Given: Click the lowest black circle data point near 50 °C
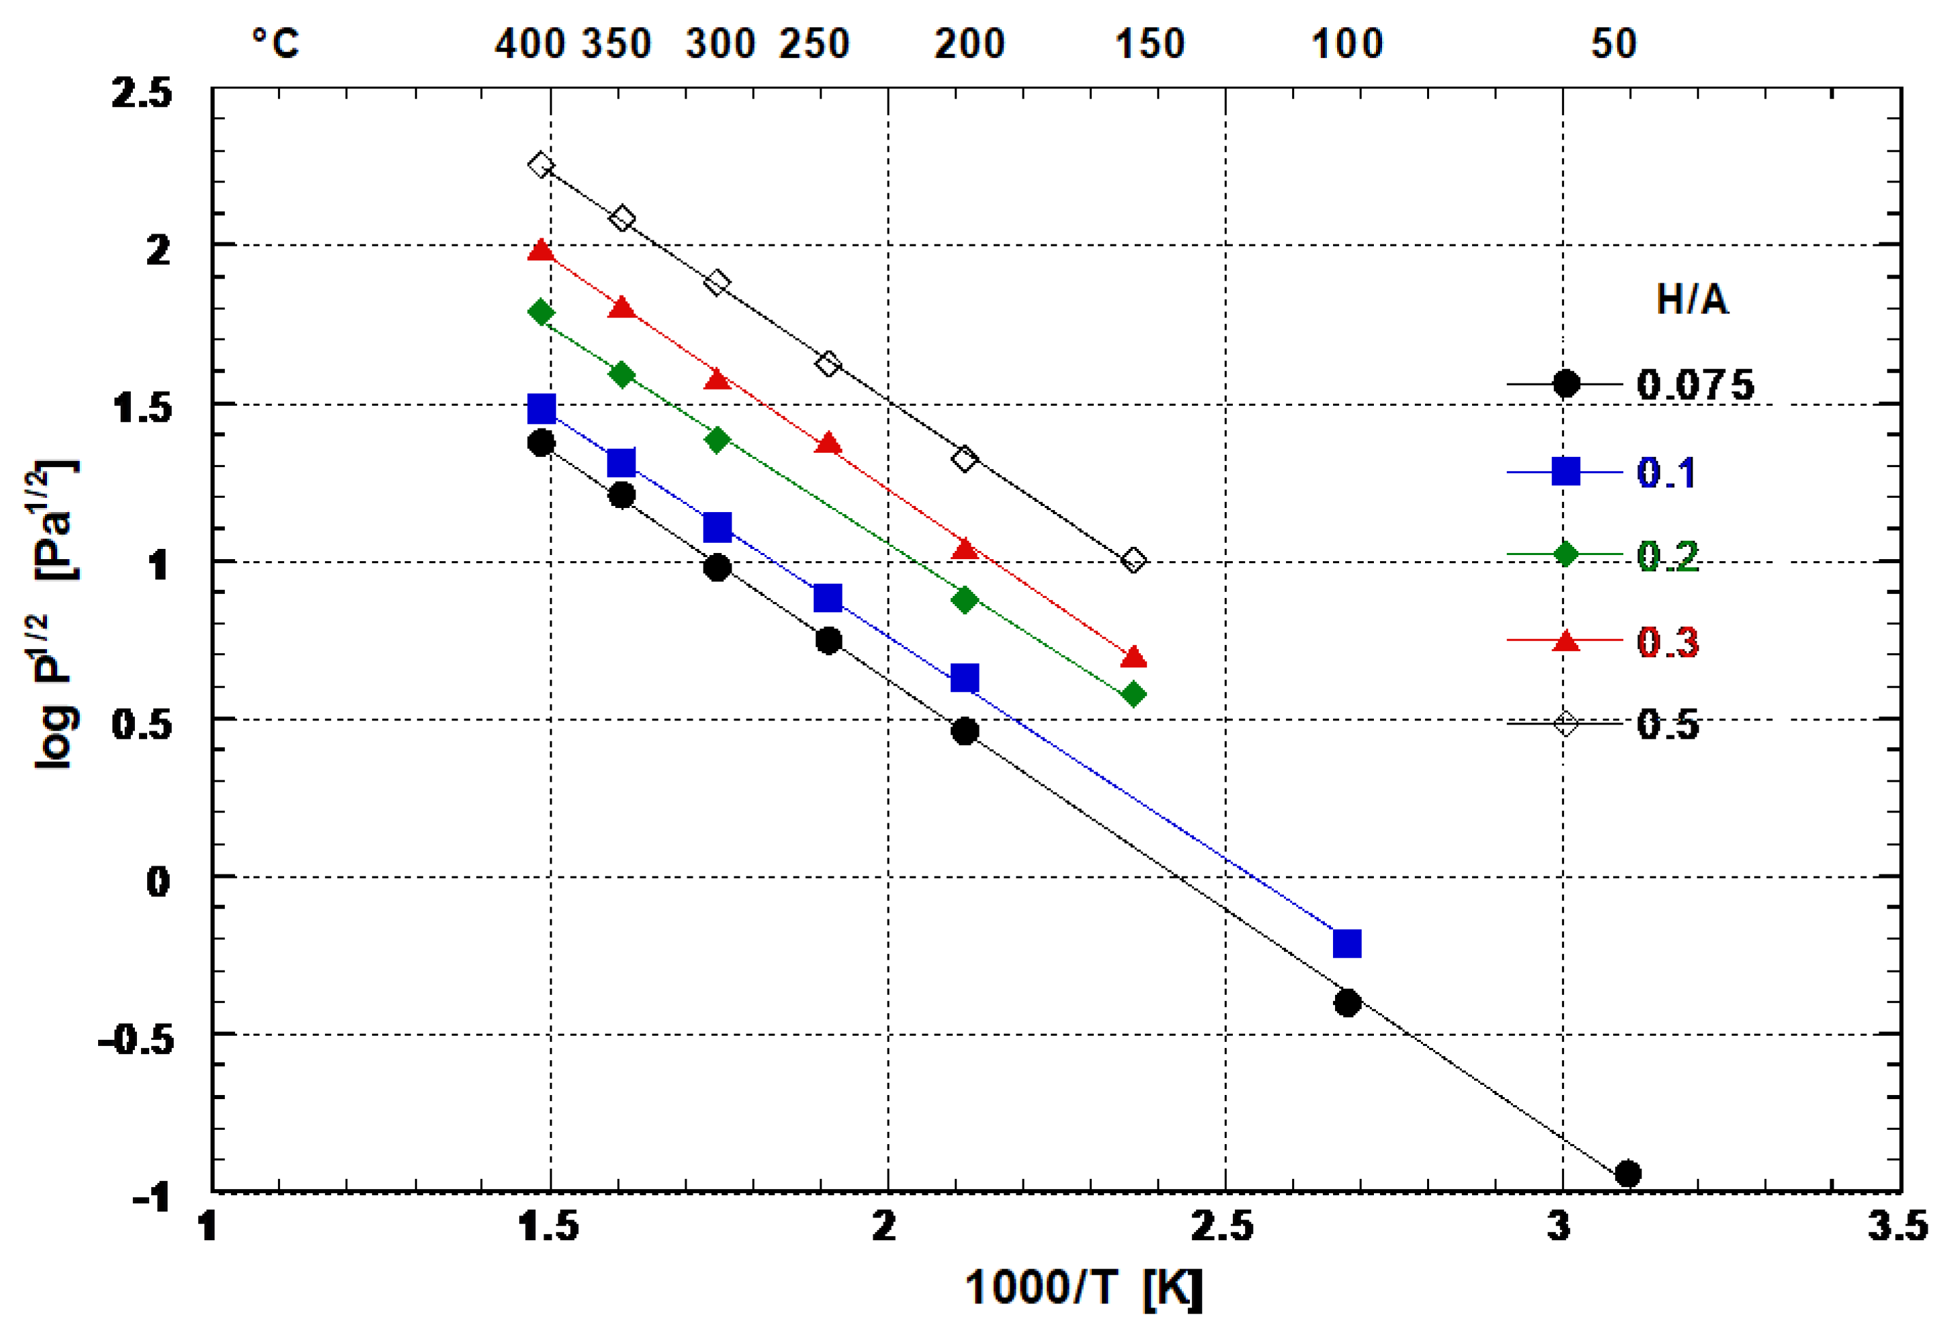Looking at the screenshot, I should [1627, 1173].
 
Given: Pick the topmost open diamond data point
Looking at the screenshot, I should [541, 165].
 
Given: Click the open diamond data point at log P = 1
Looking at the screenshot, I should [1133, 560].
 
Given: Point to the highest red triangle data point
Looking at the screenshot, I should [541, 250].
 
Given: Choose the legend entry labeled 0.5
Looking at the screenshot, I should [1667, 723].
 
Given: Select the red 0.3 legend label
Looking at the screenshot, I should [1667, 642].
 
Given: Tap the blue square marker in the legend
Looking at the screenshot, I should [1565, 471].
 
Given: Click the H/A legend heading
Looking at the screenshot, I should [1691, 299].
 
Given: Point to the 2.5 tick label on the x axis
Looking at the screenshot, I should [1222, 1226].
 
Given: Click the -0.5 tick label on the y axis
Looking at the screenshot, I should [136, 1040].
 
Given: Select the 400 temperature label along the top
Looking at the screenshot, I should [529, 44].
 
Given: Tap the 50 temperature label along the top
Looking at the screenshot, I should [1613, 44].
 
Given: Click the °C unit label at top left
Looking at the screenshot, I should [275, 44].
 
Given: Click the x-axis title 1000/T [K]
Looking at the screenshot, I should [1083, 1287].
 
